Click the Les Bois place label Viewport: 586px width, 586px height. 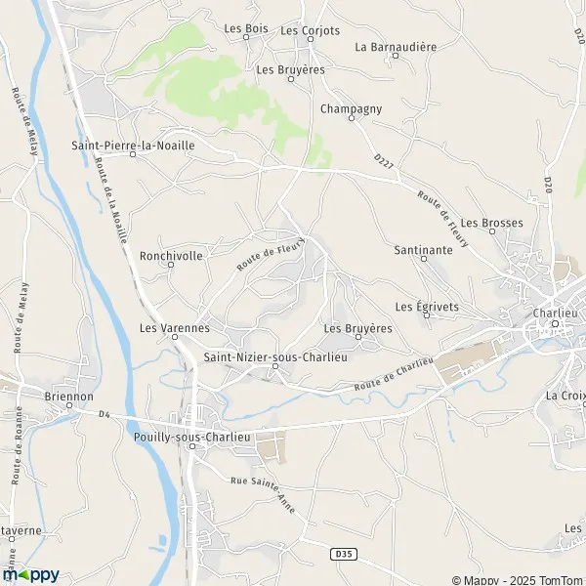click(x=245, y=29)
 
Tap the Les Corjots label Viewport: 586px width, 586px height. click(x=310, y=30)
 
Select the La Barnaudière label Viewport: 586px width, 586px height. click(x=395, y=46)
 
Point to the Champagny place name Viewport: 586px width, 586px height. click(x=351, y=108)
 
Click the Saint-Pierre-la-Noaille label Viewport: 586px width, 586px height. click(x=133, y=145)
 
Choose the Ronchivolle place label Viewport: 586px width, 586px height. click(x=171, y=256)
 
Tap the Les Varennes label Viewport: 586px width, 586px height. click(x=175, y=328)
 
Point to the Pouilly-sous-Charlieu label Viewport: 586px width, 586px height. click(x=193, y=438)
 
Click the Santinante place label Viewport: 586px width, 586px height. click(x=423, y=250)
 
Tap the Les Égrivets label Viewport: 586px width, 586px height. click(x=427, y=306)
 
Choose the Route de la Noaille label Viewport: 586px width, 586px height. click(x=112, y=201)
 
